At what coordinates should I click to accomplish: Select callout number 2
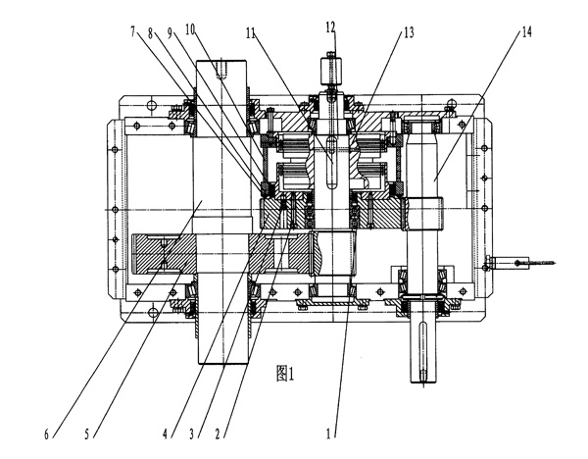point(229,431)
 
